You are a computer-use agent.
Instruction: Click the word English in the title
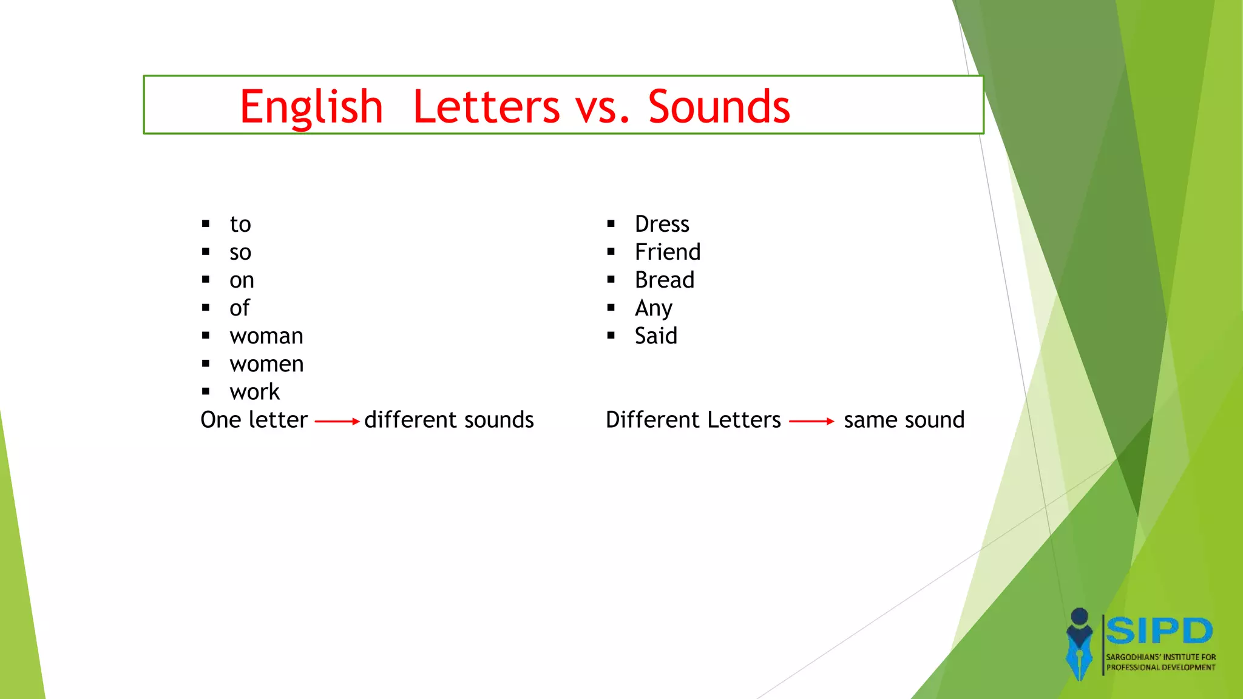point(311,107)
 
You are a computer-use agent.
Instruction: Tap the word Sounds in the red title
point(719,107)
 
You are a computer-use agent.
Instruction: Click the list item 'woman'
point(266,336)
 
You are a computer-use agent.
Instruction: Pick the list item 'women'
point(266,364)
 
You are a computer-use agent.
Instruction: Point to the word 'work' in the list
point(255,392)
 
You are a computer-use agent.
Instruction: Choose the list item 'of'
point(240,308)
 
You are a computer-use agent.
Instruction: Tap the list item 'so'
point(240,252)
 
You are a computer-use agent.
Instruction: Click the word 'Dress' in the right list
point(662,224)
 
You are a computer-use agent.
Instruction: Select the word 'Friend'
point(668,252)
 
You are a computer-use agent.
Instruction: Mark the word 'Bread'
point(665,280)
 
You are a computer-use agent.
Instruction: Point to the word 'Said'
point(656,336)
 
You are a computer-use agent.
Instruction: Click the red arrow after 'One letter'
point(337,421)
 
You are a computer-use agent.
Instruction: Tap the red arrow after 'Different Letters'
point(811,421)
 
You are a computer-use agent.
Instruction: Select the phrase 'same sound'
point(904,420)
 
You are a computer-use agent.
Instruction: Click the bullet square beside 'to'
point(206,224)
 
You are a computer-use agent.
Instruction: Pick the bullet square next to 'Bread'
point(611,280)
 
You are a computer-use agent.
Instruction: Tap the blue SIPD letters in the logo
point(1159,631)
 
